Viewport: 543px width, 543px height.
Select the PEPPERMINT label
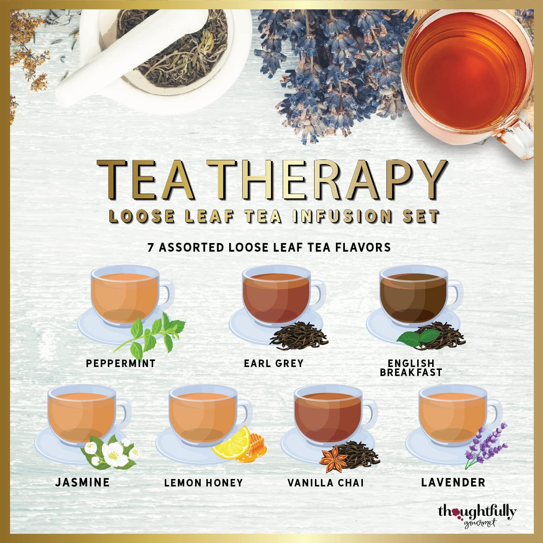[x=121, y=363]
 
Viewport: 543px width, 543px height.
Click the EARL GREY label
[x=273, y=363]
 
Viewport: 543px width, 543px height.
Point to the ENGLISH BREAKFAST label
[x=411, y=368]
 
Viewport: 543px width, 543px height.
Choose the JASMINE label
[x=82, y=482]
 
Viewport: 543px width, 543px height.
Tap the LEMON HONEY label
[x=203, y=483]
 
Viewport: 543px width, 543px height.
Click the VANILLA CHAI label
[x=325, y=483]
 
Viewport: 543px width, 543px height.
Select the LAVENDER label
[x=453, y=482]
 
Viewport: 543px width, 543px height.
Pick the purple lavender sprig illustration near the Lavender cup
[x=485, y=446]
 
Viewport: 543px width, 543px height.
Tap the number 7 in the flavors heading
[x=151, y=247]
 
